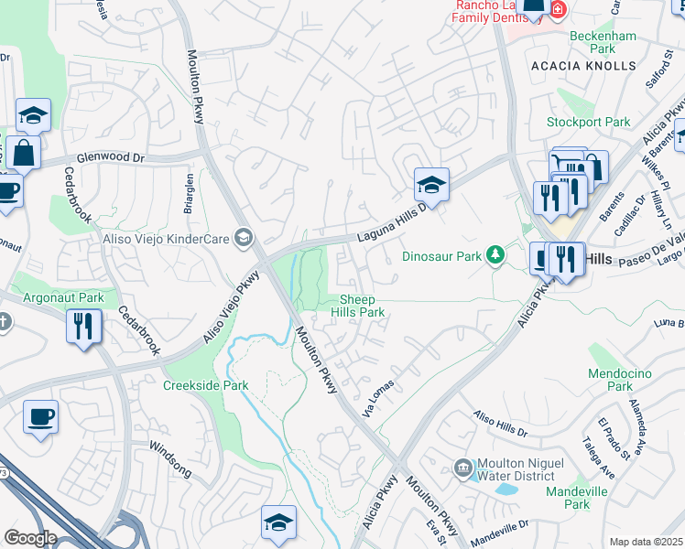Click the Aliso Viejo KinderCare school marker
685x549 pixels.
click(243, 239)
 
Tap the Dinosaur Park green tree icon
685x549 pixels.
click(495, 253)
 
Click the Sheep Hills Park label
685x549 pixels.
click(362, 306)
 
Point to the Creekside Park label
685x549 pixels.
click(206, 385)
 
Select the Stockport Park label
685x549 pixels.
click(589, 122)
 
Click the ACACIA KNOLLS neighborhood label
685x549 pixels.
click(582, 66)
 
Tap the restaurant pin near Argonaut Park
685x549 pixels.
click(83, 326)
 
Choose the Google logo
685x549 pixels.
click(30, 538)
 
